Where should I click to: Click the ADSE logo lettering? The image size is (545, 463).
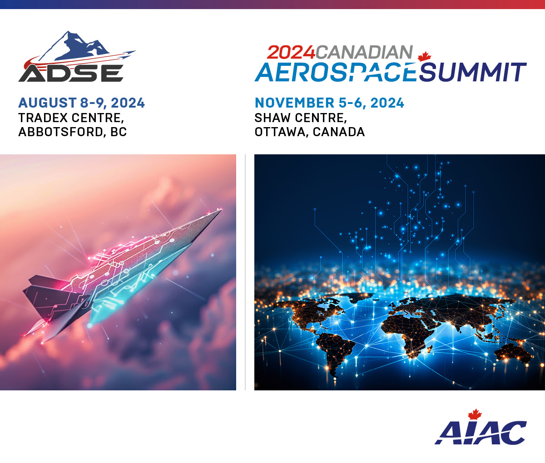click(71, 73)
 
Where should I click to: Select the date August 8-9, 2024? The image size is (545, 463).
click(81, 103)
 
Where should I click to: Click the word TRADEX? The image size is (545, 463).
click(43, 118)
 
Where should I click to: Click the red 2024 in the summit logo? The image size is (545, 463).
click(291, 53)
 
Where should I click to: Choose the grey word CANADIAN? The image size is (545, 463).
click(364, 52)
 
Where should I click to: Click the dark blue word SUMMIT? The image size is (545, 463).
click(472, 72)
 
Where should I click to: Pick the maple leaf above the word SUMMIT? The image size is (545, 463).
click(425, 57)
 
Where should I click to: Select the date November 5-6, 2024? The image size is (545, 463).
click(329, 103)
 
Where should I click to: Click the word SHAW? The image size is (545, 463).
click(272, 118)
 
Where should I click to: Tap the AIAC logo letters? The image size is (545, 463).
click(481, 433)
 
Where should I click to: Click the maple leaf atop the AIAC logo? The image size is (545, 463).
click(475, 414)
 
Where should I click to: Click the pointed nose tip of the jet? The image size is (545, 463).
click(221, 210)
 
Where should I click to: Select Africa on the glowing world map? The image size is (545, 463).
click(407, 334)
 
